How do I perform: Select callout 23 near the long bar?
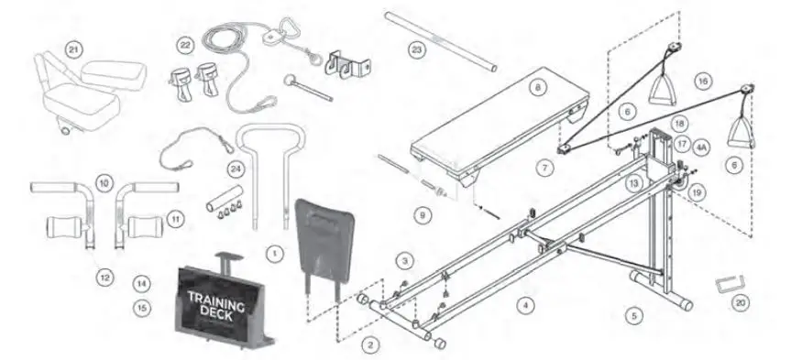pyautogui.click(x=417, y=49)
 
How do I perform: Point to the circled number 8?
pyautogui.click(x=538, y=88)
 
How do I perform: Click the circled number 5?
pyautogui.click(x=633, y=316)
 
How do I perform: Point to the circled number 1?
pyautogui.click(x=271, y=249)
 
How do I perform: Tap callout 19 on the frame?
pyautogui.click(x=697, y=193)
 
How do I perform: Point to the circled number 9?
pyautogui.click(x=422, y=215)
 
